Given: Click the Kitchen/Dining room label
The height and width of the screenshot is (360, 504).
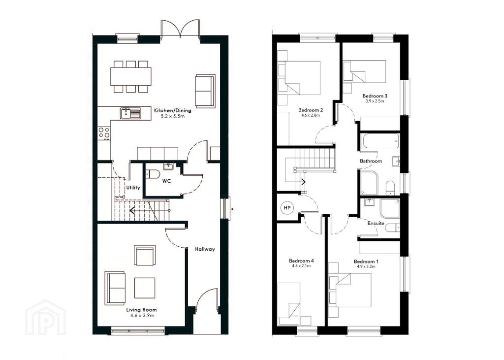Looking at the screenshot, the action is (173, 110).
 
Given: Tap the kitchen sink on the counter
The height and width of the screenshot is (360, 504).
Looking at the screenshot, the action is (130, 113).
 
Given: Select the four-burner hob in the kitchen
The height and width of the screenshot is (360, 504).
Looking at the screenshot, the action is (104, 133).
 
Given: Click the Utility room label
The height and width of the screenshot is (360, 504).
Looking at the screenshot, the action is (133, 187).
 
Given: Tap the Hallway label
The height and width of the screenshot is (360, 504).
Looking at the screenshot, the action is (205, 249).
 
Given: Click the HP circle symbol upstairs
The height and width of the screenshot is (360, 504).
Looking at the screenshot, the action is (287, 208).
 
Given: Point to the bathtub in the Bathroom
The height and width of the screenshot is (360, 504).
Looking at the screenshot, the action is (380, 141).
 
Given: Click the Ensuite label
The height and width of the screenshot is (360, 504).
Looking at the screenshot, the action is (376, 223).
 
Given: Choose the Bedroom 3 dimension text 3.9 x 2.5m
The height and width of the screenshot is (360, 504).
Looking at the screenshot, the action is (375, 100).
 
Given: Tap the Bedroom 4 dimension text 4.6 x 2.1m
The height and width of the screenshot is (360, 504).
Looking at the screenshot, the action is (301, 266).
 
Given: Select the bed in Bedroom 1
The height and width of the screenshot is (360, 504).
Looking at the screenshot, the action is (353, 290).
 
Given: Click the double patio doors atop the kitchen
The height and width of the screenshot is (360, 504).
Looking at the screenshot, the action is (180, 28).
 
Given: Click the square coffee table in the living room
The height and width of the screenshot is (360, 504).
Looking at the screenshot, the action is (145, 288).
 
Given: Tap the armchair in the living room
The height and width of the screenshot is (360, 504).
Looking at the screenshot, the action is (145, 256).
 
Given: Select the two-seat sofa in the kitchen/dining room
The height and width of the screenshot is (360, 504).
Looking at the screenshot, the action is (205, 91).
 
